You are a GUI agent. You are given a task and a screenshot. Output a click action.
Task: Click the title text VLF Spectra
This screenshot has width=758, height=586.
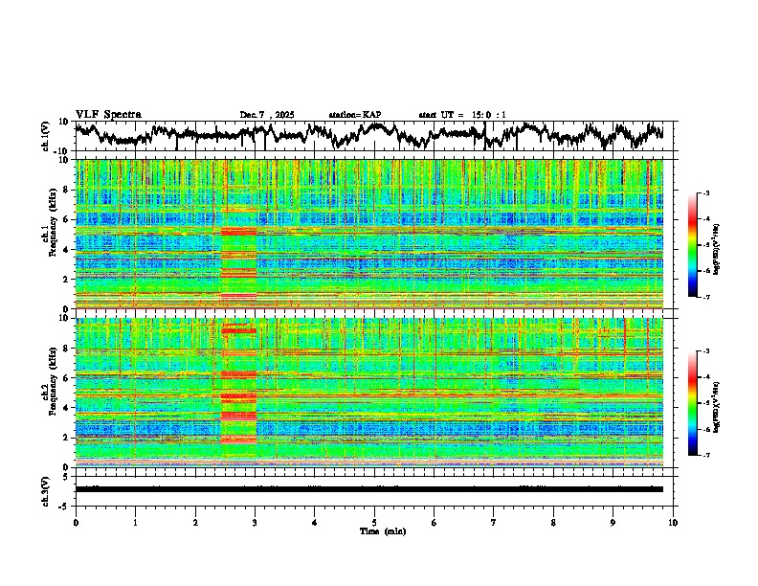108,114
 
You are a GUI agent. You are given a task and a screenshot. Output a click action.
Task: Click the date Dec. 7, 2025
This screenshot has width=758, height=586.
267,115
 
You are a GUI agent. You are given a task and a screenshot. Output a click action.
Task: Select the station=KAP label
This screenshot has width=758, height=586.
354,115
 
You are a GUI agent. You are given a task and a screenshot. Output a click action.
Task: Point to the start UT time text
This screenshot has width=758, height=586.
462,115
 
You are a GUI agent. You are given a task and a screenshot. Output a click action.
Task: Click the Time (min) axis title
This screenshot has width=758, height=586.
374,530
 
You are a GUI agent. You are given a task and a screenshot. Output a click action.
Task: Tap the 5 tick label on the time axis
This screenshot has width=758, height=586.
374,522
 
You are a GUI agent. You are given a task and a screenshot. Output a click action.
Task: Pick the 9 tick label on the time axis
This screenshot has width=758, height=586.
613,522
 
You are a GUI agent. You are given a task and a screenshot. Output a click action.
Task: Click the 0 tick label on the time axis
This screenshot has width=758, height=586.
76,522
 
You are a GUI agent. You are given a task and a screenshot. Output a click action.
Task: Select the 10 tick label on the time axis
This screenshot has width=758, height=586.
674,522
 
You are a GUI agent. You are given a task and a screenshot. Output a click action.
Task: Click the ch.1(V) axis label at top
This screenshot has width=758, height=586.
45,136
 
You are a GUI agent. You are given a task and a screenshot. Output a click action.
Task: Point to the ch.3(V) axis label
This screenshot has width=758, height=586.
45,488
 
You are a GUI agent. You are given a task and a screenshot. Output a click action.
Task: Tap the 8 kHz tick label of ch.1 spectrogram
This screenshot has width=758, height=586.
66,190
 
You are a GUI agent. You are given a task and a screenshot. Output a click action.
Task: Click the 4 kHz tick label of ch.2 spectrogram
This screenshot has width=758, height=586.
66,407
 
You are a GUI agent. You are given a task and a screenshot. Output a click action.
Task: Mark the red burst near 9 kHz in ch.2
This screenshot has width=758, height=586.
238,330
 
